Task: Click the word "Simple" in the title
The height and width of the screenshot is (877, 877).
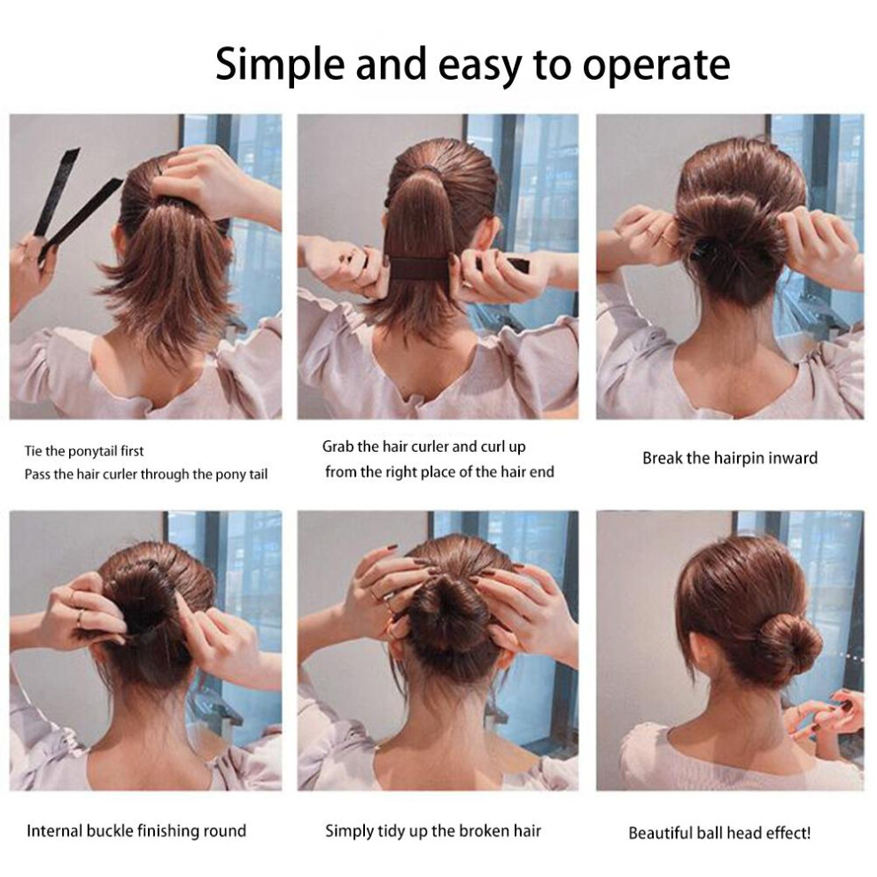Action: (280, 65)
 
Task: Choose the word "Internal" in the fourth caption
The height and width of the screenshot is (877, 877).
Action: (54, 831)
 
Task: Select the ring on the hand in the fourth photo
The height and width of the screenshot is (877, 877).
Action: (81, 617)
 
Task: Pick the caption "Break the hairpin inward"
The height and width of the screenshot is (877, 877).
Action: (730, 459)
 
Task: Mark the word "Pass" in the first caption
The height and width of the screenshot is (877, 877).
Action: (35, 474)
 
